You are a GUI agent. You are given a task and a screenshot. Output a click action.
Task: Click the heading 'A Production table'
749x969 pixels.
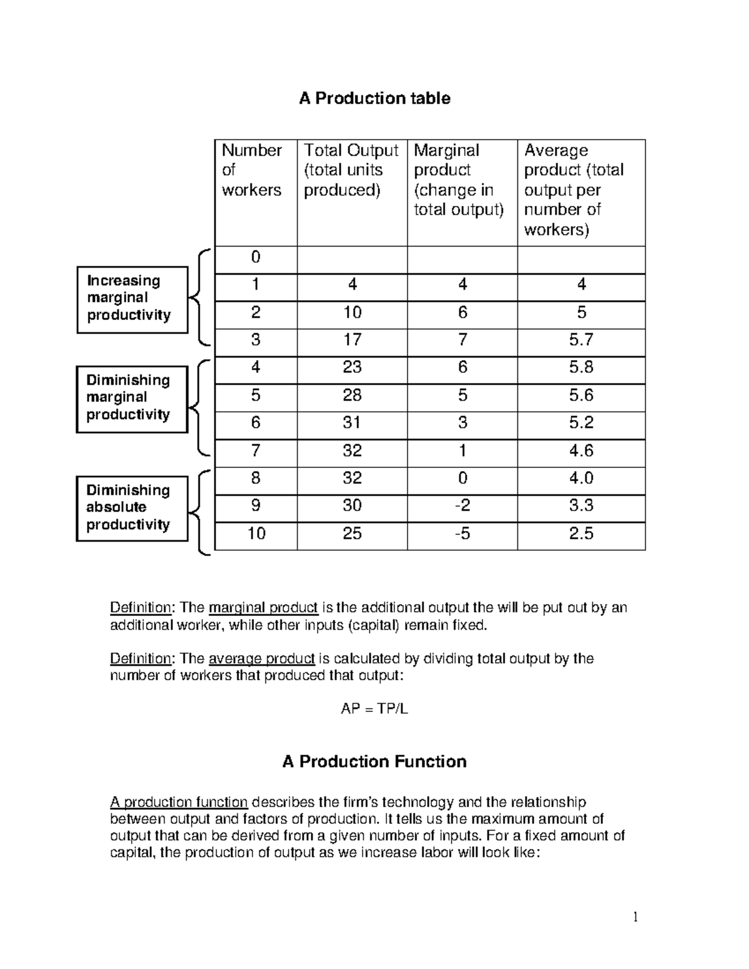(374, 99)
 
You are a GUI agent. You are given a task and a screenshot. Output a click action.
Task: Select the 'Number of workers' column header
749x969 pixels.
(252, 170)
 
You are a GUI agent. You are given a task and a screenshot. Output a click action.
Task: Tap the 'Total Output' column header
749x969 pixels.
(351, 170)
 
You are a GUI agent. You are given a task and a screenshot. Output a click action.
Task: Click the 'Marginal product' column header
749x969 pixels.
(458, 180)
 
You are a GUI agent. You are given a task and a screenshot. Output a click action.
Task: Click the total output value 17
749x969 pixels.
(352, 340)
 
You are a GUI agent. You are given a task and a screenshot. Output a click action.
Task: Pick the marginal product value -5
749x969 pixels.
(462, 533)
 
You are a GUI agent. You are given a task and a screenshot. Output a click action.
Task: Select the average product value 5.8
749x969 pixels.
(580, 368)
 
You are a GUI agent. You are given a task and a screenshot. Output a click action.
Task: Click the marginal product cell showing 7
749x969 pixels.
(462, 340)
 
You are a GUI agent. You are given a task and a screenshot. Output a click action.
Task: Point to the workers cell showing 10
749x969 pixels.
(256, 533)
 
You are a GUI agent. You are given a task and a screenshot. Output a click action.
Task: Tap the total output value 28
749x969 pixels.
(352, 396)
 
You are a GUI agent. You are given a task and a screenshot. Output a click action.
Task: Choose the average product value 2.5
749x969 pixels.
(580, 533)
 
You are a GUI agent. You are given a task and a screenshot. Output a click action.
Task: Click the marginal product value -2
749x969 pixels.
(462, 505)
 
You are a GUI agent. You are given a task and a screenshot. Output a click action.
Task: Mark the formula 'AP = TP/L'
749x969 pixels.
(374, 709)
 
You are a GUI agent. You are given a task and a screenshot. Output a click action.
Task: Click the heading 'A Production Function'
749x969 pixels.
(374, 762)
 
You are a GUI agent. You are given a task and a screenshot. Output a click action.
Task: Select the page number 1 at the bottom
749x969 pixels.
(635, 917)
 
